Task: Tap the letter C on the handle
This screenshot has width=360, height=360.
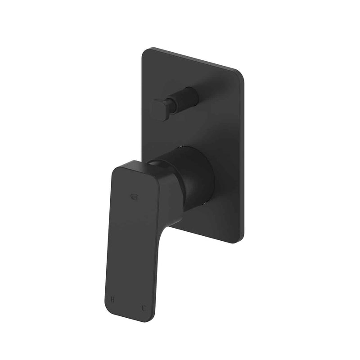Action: click(x=144, y=309)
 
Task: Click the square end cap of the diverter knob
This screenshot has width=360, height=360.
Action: click(x=158, y=109)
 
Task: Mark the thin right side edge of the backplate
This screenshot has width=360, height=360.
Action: click(x=243, y=157)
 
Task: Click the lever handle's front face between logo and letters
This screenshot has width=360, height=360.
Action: click(x=130, y=243)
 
